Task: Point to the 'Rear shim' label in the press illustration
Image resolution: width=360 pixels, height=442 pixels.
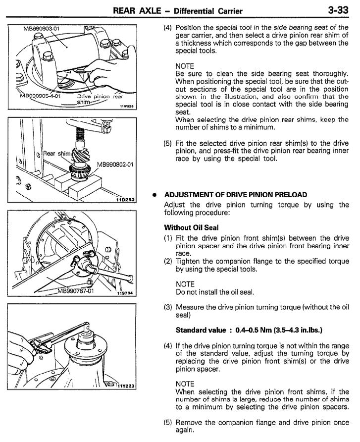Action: click(x=57, y=154)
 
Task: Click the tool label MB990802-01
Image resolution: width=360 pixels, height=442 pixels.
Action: click(x=115, y=164)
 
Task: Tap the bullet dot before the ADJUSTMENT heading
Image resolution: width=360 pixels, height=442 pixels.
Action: click(x=155, y=194)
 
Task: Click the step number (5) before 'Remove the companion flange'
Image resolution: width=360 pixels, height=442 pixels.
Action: click(x=168, y=422)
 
